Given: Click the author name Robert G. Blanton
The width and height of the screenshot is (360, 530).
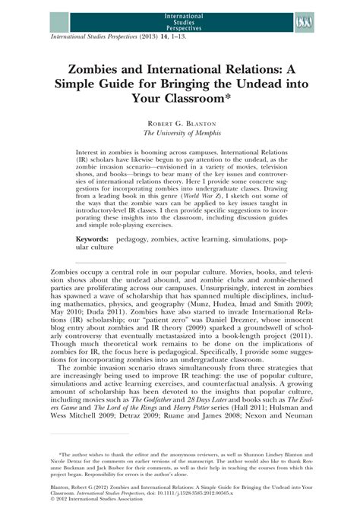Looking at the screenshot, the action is coord(179,122).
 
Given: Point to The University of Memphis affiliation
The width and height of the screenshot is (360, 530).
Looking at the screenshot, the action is coord(179,133).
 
